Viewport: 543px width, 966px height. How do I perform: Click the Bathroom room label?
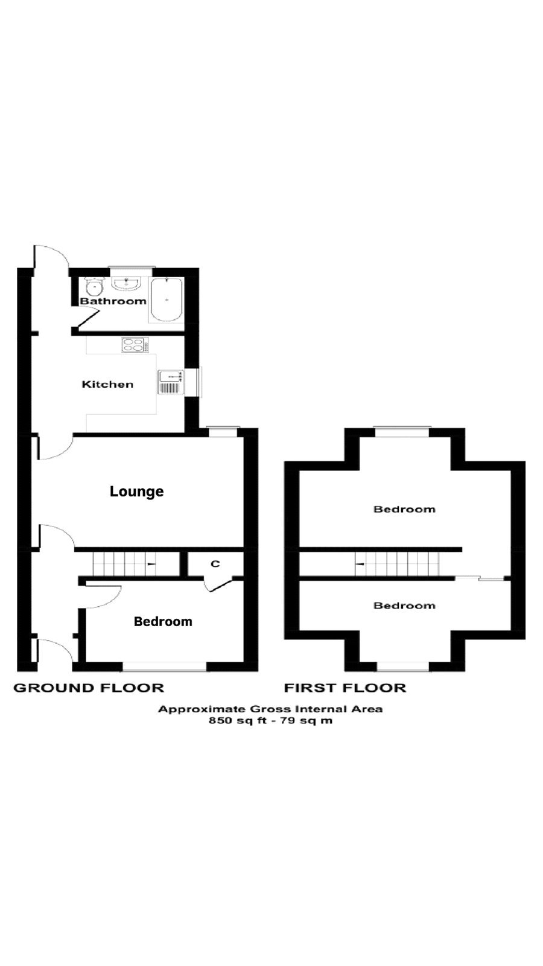113,301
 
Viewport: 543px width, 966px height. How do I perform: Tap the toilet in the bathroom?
94,286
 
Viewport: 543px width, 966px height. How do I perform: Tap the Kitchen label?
107,385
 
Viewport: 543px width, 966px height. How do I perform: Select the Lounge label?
136,491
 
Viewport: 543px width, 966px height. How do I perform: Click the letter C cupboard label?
215,564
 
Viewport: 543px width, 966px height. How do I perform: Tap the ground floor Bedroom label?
163,621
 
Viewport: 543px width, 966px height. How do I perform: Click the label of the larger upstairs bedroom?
404,509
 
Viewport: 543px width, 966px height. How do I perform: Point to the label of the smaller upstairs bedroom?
404,606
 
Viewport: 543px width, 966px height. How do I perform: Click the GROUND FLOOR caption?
89,688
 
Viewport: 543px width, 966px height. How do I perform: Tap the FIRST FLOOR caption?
345,688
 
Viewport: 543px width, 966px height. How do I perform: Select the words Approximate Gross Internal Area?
270,709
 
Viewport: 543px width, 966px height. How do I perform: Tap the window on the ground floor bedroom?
164,666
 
